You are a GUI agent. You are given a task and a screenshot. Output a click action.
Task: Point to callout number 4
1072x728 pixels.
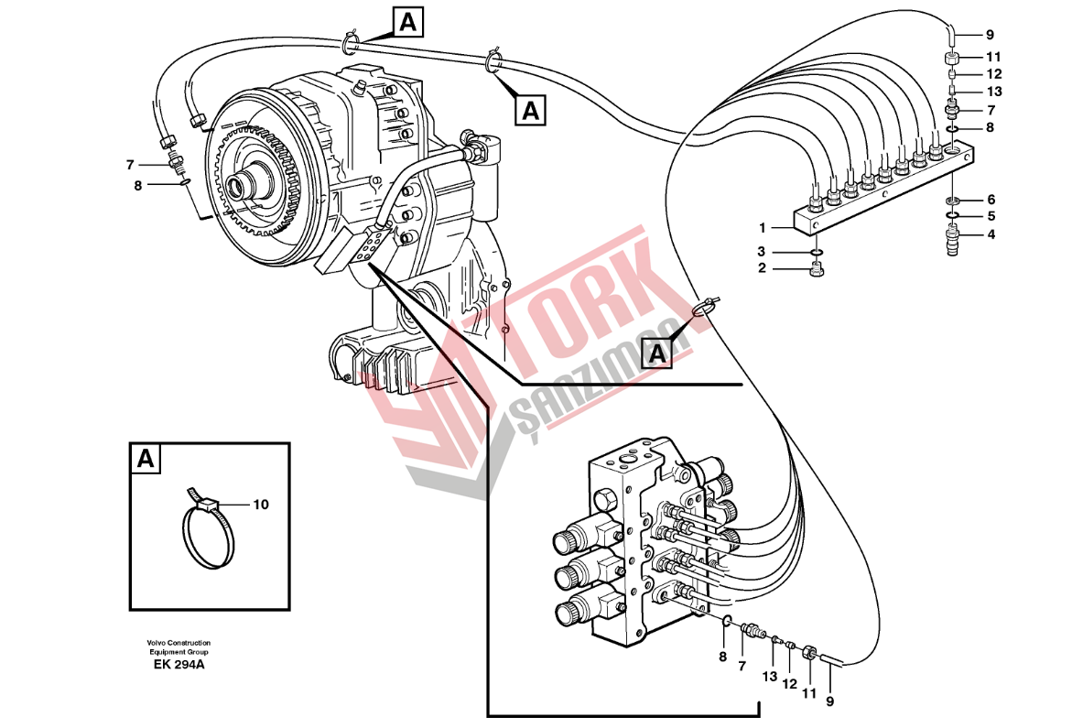tap(990, 234)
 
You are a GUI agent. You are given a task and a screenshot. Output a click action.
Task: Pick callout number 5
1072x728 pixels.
tap(990, 216)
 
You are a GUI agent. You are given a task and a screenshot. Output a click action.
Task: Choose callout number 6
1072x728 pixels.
tap(990, 200)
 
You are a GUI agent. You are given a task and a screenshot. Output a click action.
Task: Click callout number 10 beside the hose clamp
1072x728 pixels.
tap(261, 504)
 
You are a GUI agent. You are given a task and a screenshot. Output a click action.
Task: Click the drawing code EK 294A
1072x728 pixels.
tap(179, 665)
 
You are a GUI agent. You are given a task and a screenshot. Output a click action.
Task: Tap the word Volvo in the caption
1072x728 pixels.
tap(157, 643)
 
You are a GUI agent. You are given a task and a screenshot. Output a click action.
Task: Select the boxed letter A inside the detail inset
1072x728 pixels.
tap(145, 459)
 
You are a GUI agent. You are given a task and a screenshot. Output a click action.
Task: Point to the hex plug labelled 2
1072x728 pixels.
tap(817, 269)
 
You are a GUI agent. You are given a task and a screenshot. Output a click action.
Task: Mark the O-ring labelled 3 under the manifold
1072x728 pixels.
tap(817, 252)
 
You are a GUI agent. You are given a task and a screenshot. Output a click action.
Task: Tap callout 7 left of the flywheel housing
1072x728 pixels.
tap(131, 165)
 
